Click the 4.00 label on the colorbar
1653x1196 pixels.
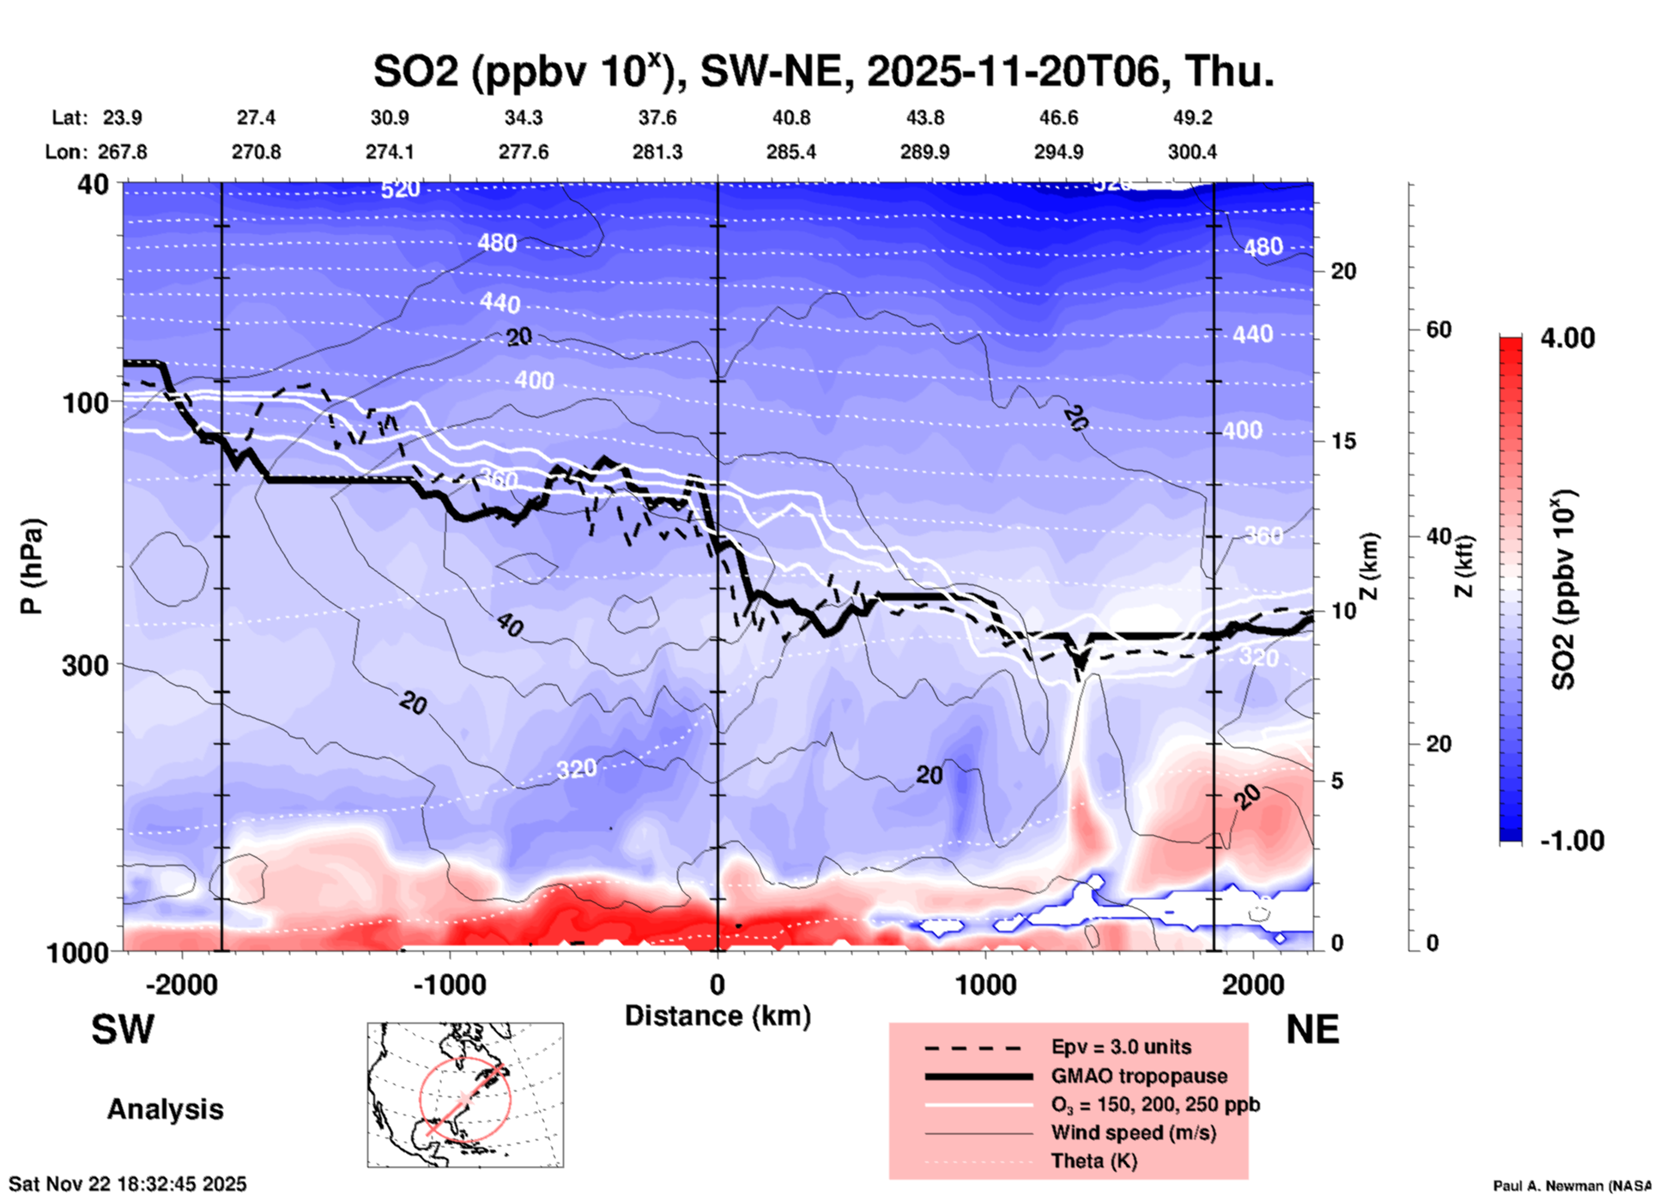click(1567, 337)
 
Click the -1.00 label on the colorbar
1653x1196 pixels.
click(1571, 840)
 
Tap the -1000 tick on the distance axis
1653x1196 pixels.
click(450, 984)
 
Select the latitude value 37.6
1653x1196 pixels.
click(657, 118)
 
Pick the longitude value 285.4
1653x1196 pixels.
click(791, 152)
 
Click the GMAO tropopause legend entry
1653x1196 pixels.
click(1139, 1076)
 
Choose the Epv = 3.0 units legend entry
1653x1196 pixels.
click(1121, 1047)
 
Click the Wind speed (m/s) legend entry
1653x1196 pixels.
click(1133, 1133)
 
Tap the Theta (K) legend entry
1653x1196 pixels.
click(1093, 1161)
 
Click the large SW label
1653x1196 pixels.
click(123, 1030)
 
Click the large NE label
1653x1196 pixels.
click(1312, 1030)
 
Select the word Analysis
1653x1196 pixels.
click(165, 1108)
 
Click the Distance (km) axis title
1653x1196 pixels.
click(718, 1016)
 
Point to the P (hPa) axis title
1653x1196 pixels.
click(32, 566)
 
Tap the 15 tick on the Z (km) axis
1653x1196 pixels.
click(1343, 441)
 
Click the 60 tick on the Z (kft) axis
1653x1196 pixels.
click(1438, 329)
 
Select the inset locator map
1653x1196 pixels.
click(465, 1094)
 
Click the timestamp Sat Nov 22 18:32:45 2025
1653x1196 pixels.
click(127, 1184)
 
